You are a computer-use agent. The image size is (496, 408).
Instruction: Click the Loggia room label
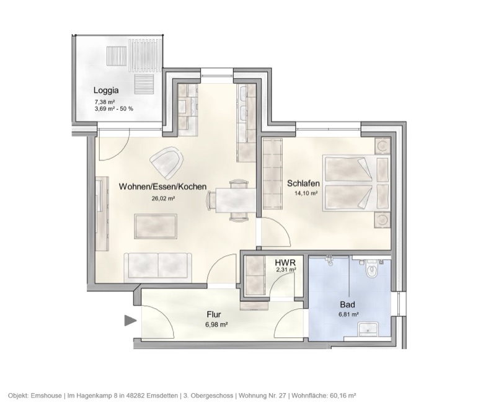(x=105, y=89)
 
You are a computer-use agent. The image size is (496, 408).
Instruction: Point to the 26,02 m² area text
(x=163, y=199)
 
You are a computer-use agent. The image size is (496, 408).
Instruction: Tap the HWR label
(x=285, y=262)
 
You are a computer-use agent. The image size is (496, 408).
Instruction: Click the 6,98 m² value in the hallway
(x=214, y=324)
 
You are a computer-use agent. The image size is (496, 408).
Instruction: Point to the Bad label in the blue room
(x=347, y=305)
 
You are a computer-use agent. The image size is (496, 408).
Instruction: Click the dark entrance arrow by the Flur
(x=130, y=321)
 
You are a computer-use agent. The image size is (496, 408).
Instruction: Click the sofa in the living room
(x=159, y=265)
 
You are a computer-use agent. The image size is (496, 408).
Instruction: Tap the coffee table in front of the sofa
(x=156, y=224)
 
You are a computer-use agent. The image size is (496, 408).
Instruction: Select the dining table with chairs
(x=232, y=200)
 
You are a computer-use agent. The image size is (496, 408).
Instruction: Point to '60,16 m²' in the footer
(x=342, y=395)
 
